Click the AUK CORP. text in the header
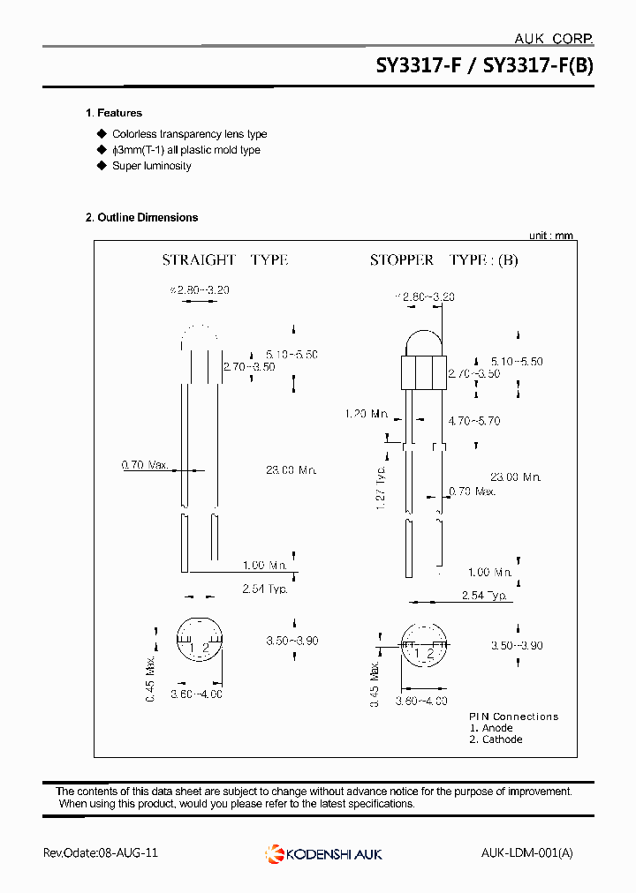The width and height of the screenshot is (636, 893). click(x=553, y=38)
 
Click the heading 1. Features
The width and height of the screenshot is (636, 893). click(x=114, y=113)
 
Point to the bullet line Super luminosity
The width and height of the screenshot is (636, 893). click(x=151, y=166)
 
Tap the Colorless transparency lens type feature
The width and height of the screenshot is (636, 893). click(x=189, y=134)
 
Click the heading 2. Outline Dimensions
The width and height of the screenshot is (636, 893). click(x=142, y=217)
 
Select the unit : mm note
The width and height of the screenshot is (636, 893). click(x=551, y=236)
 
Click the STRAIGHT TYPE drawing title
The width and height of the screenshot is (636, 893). click(x=225, y=260)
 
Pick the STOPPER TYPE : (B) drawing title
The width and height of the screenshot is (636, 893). click(x=443, y=260)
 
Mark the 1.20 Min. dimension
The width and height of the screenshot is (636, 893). click(x=367, y=413)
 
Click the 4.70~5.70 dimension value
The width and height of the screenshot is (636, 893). click(x=474, y=422)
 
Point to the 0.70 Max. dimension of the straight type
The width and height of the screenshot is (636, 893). click(x=145, y=464)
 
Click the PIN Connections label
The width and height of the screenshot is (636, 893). click(x=513, y=717)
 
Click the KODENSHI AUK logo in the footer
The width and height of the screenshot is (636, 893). click(x=323, y=853)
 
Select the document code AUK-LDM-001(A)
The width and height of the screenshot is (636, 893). click(x=527, y=853)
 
